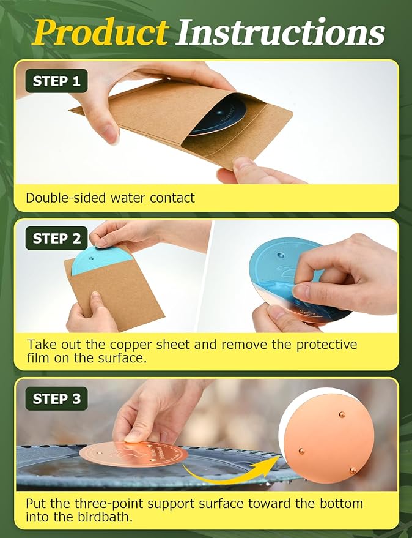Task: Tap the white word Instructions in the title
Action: (x=281, y=32)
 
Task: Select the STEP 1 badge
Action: (x=57, y=81)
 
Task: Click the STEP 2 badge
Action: (x=57, y=238)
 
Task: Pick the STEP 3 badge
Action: (x=57, y=398)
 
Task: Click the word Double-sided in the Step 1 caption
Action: (x=66, y=198)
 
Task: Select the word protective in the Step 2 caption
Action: (x=326, y=345)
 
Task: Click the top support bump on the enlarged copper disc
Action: (x=342, y=415)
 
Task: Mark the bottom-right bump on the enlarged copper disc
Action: (x=352, y=471)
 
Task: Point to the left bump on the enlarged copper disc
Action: (x=301, y=451)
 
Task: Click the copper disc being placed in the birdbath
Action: (x=134, y=454)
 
